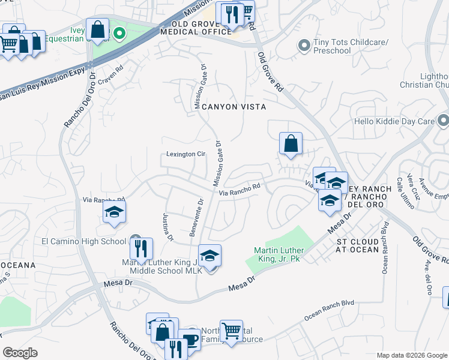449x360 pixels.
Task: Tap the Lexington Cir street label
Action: [185, 154]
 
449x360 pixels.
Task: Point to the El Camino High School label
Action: [83, 241]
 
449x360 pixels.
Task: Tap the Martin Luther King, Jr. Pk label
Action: [279, 254]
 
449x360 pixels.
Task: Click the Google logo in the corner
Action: [20, 353]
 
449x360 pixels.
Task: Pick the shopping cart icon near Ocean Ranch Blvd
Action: [231, 330]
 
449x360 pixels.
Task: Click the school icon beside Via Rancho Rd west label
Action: [114, 212]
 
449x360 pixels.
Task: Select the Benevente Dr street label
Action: [197, 218]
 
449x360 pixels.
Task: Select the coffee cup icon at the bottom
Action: [190, 338]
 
